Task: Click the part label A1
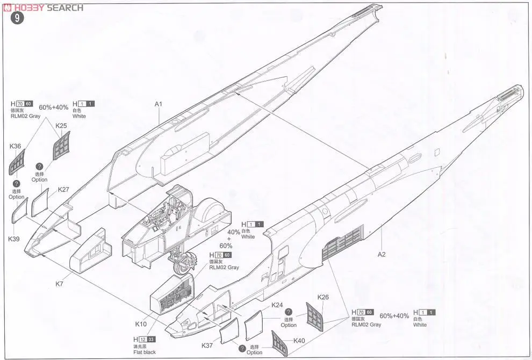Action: point(159,104)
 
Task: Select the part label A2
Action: point(381,255)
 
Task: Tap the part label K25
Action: point(61,126)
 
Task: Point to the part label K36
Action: point(15,146)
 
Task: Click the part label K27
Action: point(64,190)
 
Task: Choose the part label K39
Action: point(14,239)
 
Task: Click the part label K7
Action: point(60,283)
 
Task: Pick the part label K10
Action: point(141,324)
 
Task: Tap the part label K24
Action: point(277,305)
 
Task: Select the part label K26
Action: point(323,297)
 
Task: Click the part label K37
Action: point(207,345)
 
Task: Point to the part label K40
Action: point(299,341)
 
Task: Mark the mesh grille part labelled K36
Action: point(18,160)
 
